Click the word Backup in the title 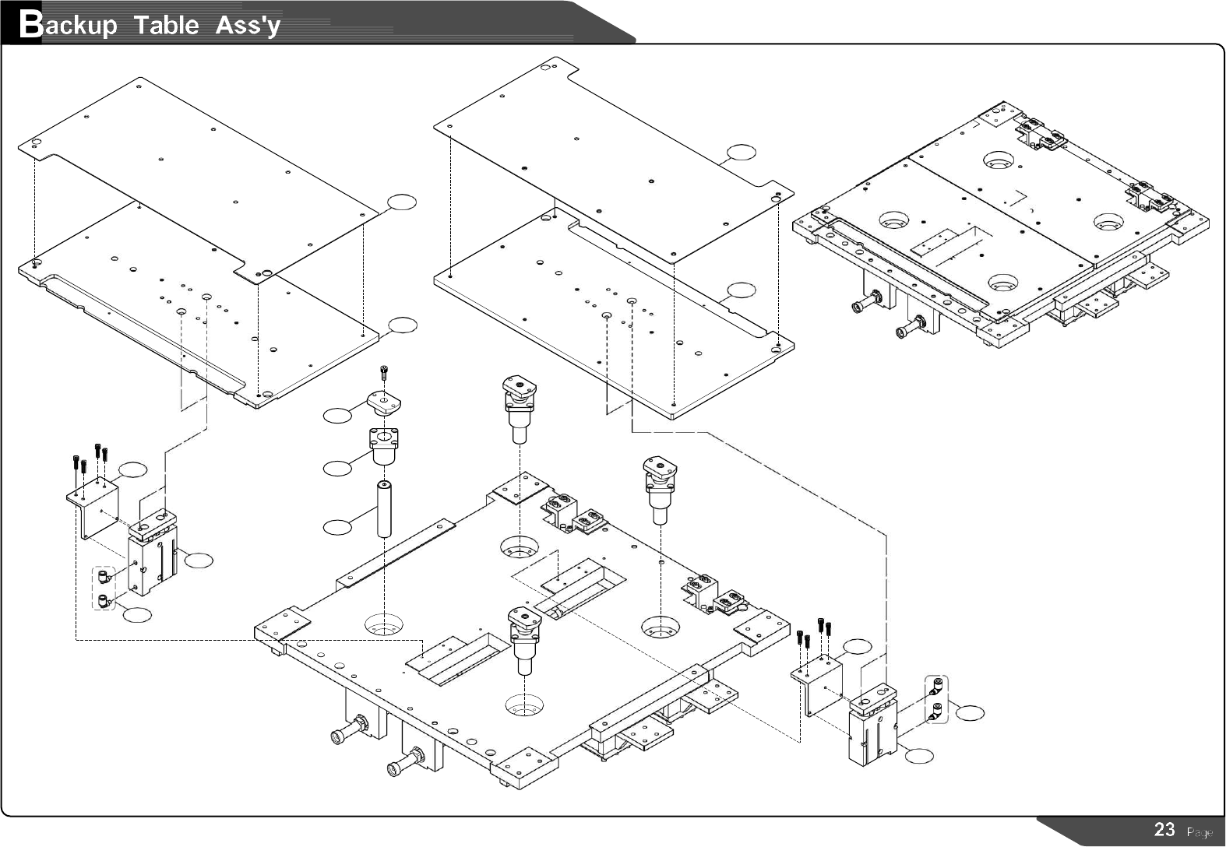click(69, 25)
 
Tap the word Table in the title click(166, 25)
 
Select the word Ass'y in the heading click(248, 25)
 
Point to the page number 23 click(1164, 830)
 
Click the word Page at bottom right click(1200, 832)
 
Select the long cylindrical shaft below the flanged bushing click(383, 509)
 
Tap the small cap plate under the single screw click(383, 402)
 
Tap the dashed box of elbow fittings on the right click(936, 699)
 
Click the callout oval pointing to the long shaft click(336, 528)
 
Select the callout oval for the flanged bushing click(336, 468)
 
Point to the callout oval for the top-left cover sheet click(402, 202)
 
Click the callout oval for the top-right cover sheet click(741, 152)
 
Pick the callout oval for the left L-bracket click(132, 469)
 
